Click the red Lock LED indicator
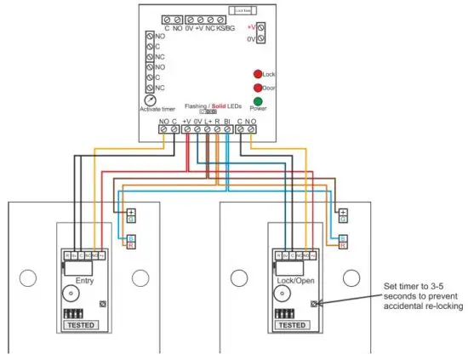(258, 75)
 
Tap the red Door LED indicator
(258, 88)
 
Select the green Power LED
(258, 102)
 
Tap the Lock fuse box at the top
(241, 12)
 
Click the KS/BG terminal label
(226, 29)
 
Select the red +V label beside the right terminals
(251, 26)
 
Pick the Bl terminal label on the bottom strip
(227, 122)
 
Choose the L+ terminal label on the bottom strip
(207, 122)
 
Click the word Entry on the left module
(83, 280)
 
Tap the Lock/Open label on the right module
(291, 280)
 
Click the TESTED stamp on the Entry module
(82, 325)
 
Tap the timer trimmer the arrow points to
(316, 303)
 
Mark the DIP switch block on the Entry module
(74, 313)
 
